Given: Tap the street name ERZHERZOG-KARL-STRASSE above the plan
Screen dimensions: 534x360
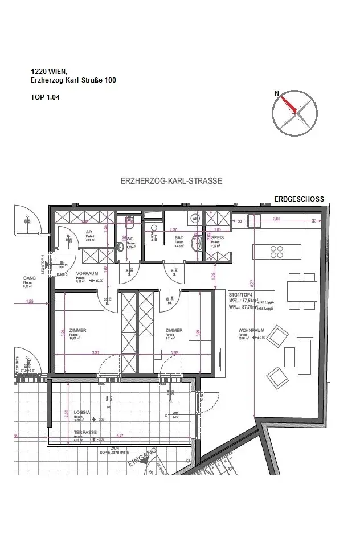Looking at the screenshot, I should [171, 181].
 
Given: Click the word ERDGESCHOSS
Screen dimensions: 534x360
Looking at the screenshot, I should [299, 199].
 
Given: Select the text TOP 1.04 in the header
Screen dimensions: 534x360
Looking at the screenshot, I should [46, 97].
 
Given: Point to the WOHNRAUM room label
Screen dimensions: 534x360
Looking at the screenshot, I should [249, 330].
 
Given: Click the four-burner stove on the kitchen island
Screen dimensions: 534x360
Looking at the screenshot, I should [277, 251].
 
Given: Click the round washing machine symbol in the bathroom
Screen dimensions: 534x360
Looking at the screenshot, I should [194, 218].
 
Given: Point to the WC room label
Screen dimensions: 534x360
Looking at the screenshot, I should [129, 239].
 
